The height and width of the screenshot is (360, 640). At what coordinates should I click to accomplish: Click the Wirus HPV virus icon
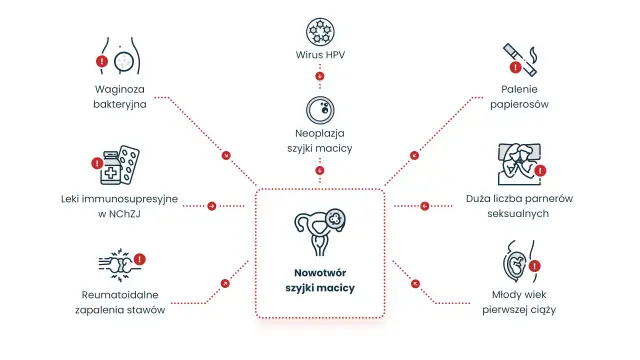(x=320, y=31)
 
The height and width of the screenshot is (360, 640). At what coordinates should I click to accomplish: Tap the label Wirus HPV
(x=320, y=55)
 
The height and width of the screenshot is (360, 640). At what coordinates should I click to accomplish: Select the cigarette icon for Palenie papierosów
(x=520, y=60)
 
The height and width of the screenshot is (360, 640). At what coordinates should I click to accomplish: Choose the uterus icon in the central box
(x=320, y=232)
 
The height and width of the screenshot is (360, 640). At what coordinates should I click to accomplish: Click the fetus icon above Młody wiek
(x=517, y=262)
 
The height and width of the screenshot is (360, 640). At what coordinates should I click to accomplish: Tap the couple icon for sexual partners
(x=519, y=164)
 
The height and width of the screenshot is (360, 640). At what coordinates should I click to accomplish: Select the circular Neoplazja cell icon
(x=320, y=110)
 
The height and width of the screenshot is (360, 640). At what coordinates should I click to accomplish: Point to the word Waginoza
(x=120, y=89)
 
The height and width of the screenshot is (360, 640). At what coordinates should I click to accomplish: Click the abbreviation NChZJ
(x=124, y=214)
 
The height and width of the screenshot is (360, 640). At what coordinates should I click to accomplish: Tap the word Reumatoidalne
(x=120, y=295)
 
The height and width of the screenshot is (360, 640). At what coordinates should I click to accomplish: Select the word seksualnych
(x=518, y=213)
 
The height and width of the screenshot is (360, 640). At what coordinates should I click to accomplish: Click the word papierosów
(x=519, y=104)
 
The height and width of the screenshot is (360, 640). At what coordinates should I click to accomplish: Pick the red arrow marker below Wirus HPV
(x=320, y=76)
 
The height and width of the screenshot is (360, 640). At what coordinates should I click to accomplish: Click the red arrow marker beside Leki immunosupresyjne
(x=211, y=206)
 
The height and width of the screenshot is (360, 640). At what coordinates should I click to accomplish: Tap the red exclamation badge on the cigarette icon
(x=516, y=67)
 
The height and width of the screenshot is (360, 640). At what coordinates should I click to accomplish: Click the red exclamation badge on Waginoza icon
(x=102, y=61)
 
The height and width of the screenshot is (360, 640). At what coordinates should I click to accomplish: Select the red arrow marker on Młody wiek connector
(x=415, y=283)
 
